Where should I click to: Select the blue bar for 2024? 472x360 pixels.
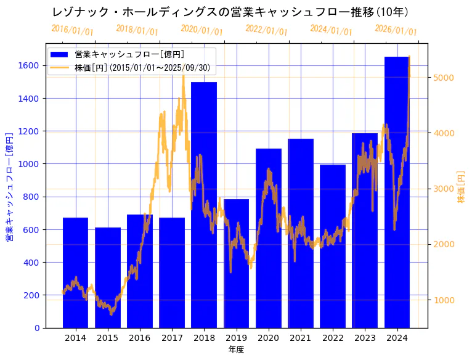coord(397,192)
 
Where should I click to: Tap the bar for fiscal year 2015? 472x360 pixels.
coord(108,277)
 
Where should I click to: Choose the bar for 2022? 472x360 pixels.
coord(333,246)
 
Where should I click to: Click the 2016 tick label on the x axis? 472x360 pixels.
coord(140,338)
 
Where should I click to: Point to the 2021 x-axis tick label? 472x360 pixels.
coord(301,338)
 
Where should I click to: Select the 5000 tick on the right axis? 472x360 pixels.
coord(444,78)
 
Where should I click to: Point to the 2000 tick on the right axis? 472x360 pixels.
coord(444,245)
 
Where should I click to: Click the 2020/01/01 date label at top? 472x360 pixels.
coord(202,30)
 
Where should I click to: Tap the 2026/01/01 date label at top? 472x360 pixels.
coord(396,30)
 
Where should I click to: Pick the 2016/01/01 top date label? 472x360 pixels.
coord(73,30)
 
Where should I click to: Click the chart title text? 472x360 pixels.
coord(230,12)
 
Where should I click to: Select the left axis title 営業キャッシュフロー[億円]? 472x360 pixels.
coord(9,187)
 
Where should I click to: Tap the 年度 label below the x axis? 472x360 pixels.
coord(236,350)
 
